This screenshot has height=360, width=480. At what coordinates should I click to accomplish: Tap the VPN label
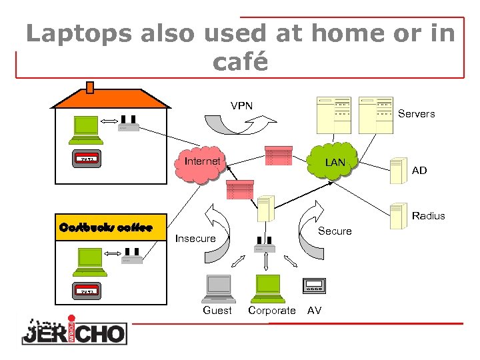[x=241, y=105]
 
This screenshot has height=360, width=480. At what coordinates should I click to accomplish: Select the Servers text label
[x=416, y=114]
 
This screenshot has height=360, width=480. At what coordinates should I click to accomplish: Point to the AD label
[x=419, y=171]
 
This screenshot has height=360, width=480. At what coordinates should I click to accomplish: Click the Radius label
[x=428, y=216]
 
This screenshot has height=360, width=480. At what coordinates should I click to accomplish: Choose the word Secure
[x=335, y=231]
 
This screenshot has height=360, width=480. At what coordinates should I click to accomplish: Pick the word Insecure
[x=195, y=239]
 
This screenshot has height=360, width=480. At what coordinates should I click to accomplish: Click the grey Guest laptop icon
[x=218, y=289]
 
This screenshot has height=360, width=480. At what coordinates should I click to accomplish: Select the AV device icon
[x=313, y=285]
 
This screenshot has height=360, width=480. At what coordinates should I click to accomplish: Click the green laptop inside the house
[x=87, y=127]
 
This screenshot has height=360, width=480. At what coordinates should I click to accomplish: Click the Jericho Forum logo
[x=73, y=329]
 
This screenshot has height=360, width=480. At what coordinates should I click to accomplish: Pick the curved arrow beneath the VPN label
[x=240, y=125]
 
